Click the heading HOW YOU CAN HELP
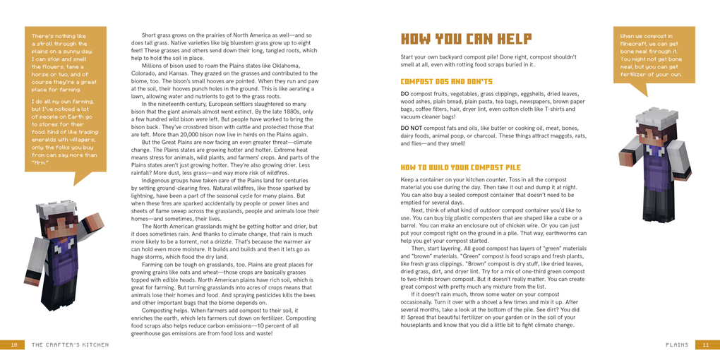tap(466, 39)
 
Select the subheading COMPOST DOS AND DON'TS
tap(446, 82)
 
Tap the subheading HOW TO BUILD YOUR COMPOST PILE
tap(460, 168)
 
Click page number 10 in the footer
tap(13, 345)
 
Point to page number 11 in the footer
tap(706, 345)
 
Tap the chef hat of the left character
tap(54, 207)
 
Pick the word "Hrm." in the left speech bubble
tap(39, 162)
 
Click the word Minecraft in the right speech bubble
tap(635, 44)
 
